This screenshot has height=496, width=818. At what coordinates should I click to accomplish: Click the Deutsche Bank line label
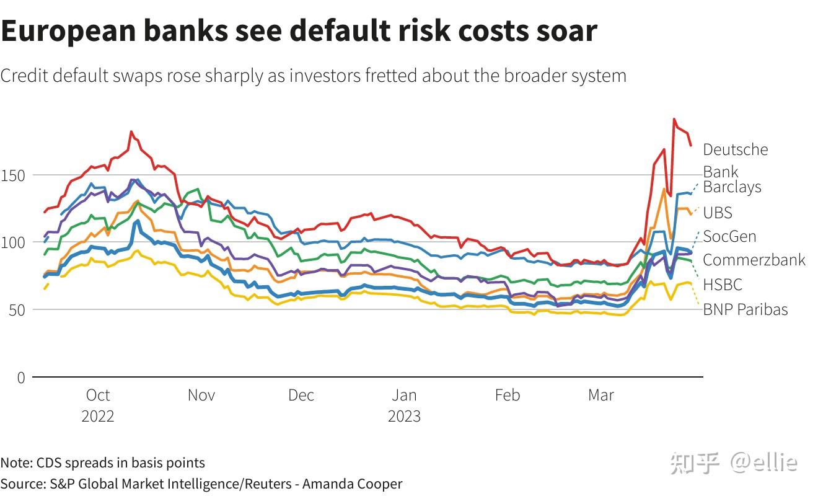[735, 160]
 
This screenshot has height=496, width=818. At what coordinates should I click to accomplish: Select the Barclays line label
[732, 187]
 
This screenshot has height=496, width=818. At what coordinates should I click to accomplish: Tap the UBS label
[718, 213]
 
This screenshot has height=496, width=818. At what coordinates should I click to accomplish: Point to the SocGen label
[729, 236]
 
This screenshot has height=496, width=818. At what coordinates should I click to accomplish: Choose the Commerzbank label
[754, 260]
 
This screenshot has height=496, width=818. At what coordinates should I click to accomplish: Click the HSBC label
[722, 285]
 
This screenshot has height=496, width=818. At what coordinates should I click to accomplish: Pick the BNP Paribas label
[745, 309]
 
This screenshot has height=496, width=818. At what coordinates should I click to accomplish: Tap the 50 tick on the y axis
[17, 309]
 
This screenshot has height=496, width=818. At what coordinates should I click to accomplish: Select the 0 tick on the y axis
[21, 377]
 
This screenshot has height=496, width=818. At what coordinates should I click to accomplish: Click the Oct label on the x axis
[98, 395]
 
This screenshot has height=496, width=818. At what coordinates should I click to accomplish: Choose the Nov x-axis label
[201, 395]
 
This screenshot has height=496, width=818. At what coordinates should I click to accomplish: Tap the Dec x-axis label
[301, 395]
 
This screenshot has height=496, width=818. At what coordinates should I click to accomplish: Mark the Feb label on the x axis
[507, 395]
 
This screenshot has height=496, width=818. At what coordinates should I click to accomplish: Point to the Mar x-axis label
[600, 395]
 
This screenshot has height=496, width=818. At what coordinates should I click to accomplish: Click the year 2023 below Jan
[404, 416]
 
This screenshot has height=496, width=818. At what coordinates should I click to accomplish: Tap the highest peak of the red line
[674, 119]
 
